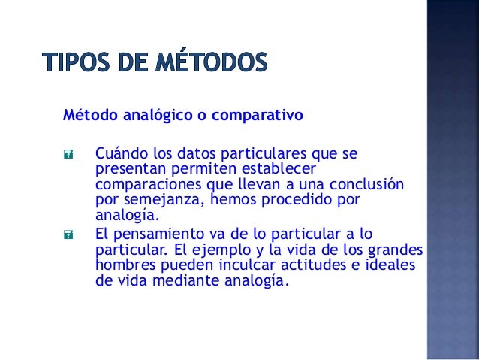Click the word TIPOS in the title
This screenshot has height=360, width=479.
point(77,62)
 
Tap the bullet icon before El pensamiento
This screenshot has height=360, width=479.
point(68,234)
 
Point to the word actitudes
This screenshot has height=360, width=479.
point(313,265)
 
